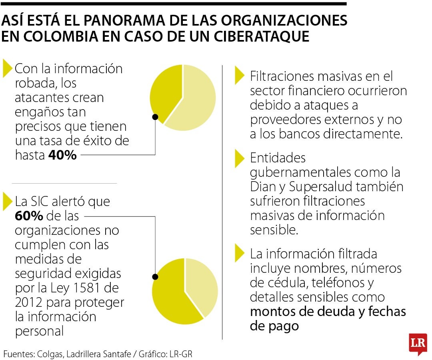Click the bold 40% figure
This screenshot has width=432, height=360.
pyautogui.click(x=62, y=155)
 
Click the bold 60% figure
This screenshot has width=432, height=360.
pyautogui.click(x=29, y=216)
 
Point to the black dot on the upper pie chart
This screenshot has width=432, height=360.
pyautogui.click(x=155, y=117)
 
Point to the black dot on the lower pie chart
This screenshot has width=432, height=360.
pyautogui.click(x=155, y=276)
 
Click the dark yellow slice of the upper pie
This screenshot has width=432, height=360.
pyautogui.click(x=164, y=92)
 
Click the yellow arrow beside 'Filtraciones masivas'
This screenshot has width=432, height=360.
pyautogui.click(x=239, y=76)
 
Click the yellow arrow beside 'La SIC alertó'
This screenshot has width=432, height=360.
pyautogui.click(x=7, y=202)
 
